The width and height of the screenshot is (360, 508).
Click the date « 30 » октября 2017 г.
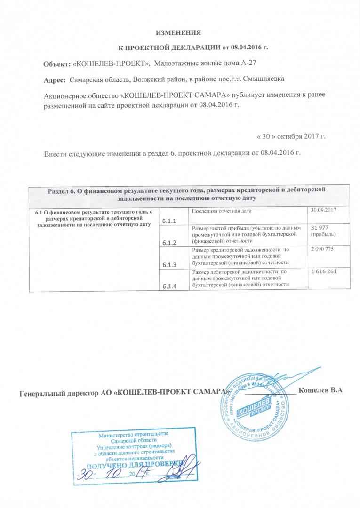(x=291, y=136)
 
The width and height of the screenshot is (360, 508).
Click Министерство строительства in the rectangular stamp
(x=132, y=433)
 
